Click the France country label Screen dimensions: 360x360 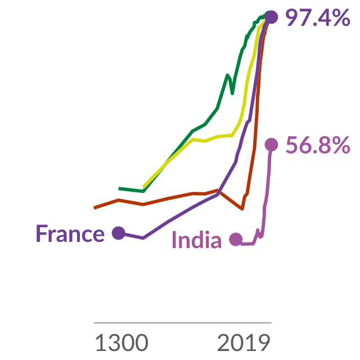70,233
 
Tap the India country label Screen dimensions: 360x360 197,240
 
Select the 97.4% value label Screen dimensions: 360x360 317,17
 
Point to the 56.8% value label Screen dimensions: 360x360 318,145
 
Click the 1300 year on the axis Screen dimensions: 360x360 121,343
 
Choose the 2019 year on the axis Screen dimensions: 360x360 244,343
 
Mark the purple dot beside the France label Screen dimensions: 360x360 119,233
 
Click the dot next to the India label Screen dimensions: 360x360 236,239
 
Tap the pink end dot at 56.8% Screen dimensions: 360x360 271,145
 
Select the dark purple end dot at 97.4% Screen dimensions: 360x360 271,17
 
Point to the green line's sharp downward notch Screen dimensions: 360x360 232,93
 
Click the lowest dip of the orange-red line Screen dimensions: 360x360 242,209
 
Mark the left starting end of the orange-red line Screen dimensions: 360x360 94,208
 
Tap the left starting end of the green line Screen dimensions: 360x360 119,188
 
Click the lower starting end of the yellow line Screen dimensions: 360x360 143,187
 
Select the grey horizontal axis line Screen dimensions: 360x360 182,323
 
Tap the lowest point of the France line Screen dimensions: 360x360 143,238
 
